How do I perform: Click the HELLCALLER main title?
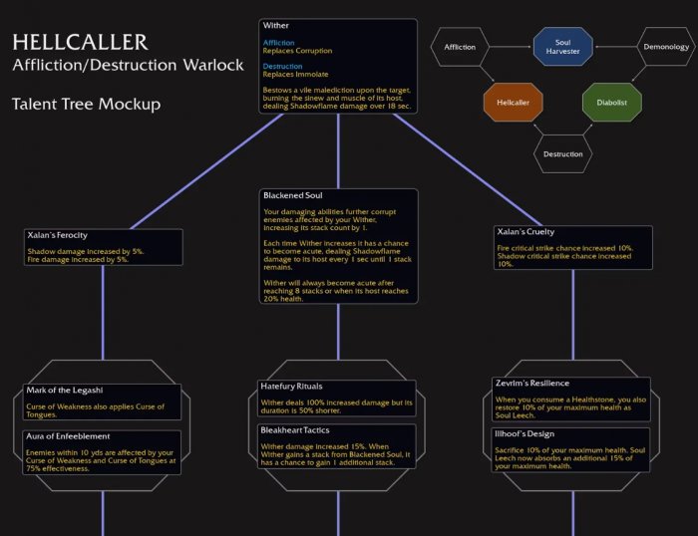(80, 42)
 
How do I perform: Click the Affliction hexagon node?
(460, 47)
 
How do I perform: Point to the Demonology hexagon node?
(664, 47)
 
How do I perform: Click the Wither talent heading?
(275, 25)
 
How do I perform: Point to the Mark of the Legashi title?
(65, 390)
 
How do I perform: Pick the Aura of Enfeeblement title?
(68, 436)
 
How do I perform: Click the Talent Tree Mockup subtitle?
(86, 105)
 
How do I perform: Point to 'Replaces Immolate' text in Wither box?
(297, 74)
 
